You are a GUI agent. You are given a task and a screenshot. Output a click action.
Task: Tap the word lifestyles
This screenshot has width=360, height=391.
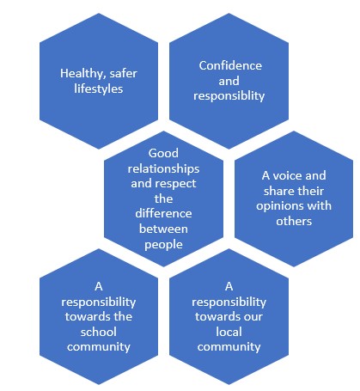(x=99, y=89)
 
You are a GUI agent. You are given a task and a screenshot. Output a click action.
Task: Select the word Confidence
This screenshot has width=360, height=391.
(x=230, y=65)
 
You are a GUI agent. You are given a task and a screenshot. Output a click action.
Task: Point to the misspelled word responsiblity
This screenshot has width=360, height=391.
(x=229, y=96)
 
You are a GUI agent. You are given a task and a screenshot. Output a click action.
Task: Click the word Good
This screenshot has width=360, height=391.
(x=163, y=153)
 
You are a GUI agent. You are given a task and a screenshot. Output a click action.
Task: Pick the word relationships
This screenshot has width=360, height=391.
(x=163, y=168)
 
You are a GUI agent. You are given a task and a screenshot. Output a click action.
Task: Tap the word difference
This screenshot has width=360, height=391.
(x=163, y=213)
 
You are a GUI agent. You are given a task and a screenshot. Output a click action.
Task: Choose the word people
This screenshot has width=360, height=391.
(x=163, y=245)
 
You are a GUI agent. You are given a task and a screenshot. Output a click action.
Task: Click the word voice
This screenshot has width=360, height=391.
(x=286, y=175)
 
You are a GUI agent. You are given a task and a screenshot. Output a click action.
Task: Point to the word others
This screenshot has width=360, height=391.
(x=294, y=221)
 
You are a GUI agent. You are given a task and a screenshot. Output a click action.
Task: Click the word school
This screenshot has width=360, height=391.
(x=99, y=332)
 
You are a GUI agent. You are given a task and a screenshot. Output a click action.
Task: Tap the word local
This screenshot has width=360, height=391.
(x=229, y=332)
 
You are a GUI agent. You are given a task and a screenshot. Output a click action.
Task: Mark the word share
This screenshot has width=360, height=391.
(x=278, y=191)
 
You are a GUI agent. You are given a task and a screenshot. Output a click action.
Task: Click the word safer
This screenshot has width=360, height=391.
(x=124, y=74)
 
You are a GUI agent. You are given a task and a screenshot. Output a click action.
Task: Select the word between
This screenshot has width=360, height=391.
(x=163, y=229)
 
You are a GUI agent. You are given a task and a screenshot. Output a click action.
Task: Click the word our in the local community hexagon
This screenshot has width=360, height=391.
(x=253, y=317)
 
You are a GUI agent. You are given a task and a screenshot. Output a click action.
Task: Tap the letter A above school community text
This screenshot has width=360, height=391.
(x=99, y=286)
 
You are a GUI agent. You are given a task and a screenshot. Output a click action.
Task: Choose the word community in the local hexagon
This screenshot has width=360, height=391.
(x=229, y=347)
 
